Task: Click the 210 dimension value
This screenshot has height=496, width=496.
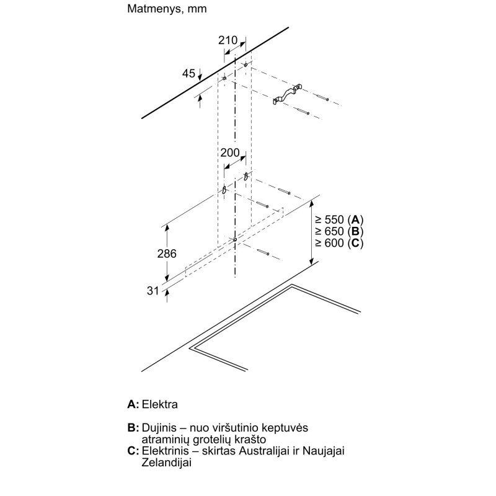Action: [228, 40]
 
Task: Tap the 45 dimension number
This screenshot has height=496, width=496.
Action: [188, 73]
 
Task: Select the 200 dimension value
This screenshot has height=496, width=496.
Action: [230, 153]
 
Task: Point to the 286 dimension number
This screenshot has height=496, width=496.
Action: [167, 254]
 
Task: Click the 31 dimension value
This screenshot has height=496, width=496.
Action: [153, 290]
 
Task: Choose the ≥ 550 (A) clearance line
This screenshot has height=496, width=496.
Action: [339, 219]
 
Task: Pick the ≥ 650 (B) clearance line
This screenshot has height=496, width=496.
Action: [339, 231]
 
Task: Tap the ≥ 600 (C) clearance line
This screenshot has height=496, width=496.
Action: [339, 243]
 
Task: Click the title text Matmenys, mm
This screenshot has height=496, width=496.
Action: [167, 9]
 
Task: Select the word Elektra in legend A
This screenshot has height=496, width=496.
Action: [160, 404]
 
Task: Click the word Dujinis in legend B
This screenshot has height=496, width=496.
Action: [159, 428]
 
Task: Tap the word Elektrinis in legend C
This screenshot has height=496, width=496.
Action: [165, 451]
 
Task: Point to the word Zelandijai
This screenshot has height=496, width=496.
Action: [166, 463]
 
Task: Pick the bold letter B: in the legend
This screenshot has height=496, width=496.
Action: [133, 428]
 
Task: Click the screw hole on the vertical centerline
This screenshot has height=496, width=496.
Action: [235, 240]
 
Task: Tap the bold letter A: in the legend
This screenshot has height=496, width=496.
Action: [133, 404]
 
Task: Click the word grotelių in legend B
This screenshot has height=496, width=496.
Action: [212, 440]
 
